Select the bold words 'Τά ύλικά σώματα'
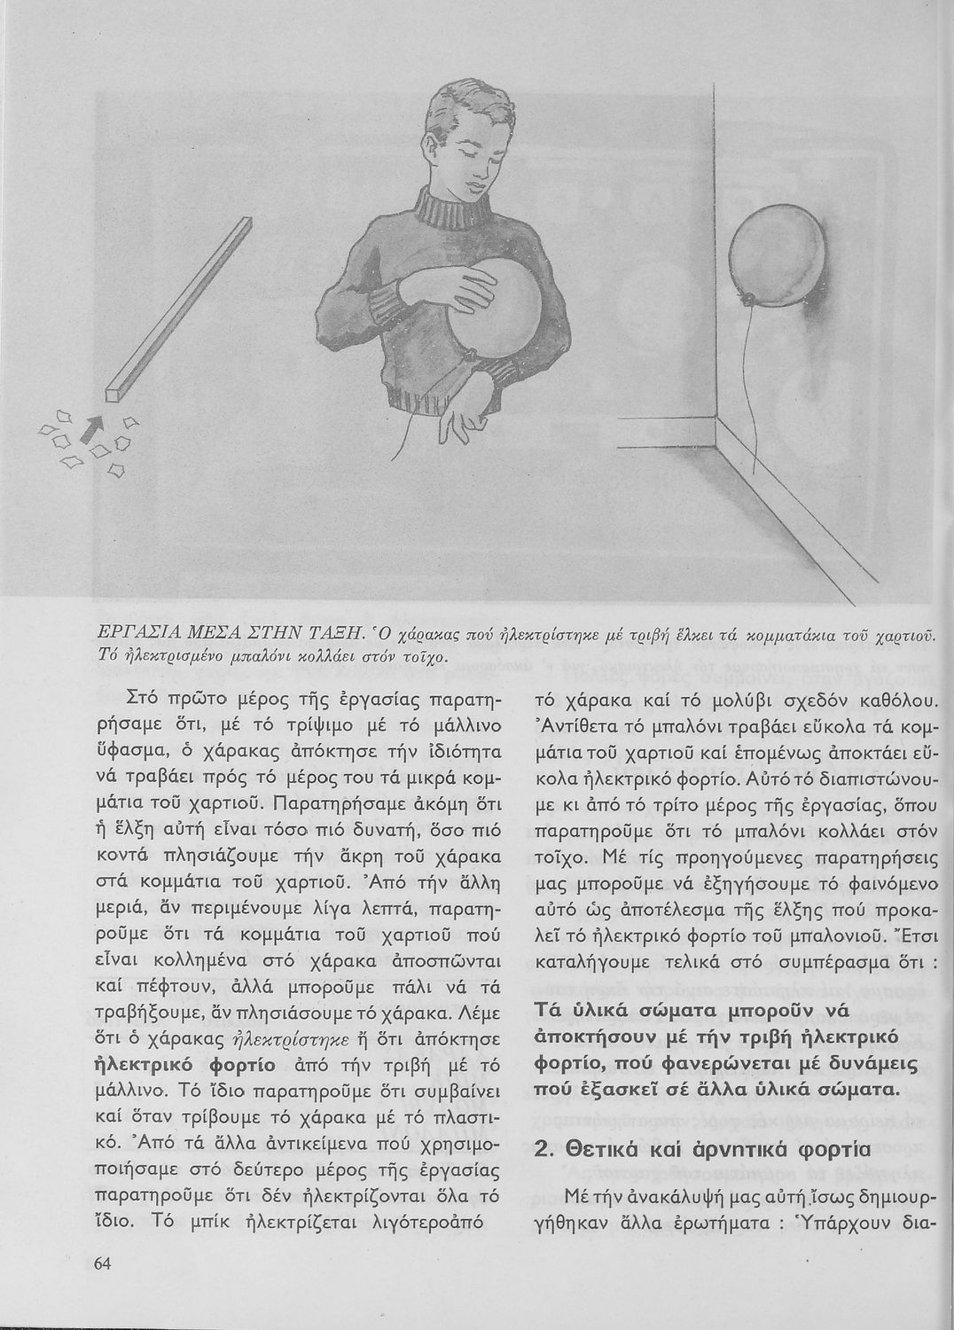[629, 1011]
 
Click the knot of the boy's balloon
[468, 356]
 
